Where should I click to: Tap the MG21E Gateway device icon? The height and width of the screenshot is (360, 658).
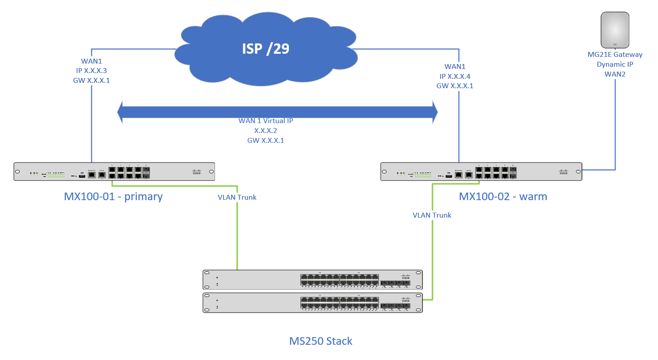(615, 30)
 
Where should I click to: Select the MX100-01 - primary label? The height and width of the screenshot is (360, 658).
(113, 197)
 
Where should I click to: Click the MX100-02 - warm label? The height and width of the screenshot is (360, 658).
(503, 197)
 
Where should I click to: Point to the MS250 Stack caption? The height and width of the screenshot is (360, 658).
(321, 341)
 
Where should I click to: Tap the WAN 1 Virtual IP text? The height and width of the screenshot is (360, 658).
(266, 121)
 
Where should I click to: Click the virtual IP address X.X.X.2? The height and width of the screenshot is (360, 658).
(266, 131)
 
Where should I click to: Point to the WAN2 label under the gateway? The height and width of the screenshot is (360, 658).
(615, 74)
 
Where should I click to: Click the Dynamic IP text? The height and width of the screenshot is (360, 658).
(615, 64)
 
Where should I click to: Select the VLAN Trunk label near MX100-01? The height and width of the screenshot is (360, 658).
(237, 197)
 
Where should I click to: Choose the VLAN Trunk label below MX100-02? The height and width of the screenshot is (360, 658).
(432, 215)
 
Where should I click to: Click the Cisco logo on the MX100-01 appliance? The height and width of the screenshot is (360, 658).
(197, 171)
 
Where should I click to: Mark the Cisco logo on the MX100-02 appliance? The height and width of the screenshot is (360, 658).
(563, 171)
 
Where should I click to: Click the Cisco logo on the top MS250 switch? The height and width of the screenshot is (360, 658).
(405, 277)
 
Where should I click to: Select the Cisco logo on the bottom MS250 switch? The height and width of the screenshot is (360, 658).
(405, 300)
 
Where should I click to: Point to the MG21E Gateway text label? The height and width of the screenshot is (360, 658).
(615, 55)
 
